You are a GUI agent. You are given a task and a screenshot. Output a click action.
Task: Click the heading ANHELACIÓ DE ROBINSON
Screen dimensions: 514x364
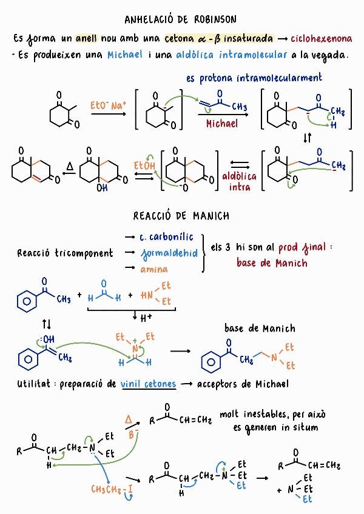pos(180,19)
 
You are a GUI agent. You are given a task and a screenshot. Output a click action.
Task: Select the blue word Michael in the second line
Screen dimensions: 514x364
pos(126,55)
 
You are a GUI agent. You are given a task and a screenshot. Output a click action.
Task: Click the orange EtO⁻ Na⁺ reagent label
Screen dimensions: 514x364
pos(107,104)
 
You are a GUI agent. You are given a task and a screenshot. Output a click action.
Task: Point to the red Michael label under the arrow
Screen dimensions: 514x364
pos(222,124)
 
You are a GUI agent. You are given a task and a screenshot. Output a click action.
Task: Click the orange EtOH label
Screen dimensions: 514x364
pos(144,164)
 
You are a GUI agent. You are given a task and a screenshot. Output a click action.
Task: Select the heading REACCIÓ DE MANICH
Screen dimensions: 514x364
pos(181,216)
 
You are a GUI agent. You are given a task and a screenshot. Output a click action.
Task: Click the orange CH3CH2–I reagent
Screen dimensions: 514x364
pos(113,489)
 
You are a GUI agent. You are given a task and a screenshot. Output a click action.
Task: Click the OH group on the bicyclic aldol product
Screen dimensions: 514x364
pos(93,189)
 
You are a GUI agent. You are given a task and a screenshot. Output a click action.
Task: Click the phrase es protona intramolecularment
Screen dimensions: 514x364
pos(254,78)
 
